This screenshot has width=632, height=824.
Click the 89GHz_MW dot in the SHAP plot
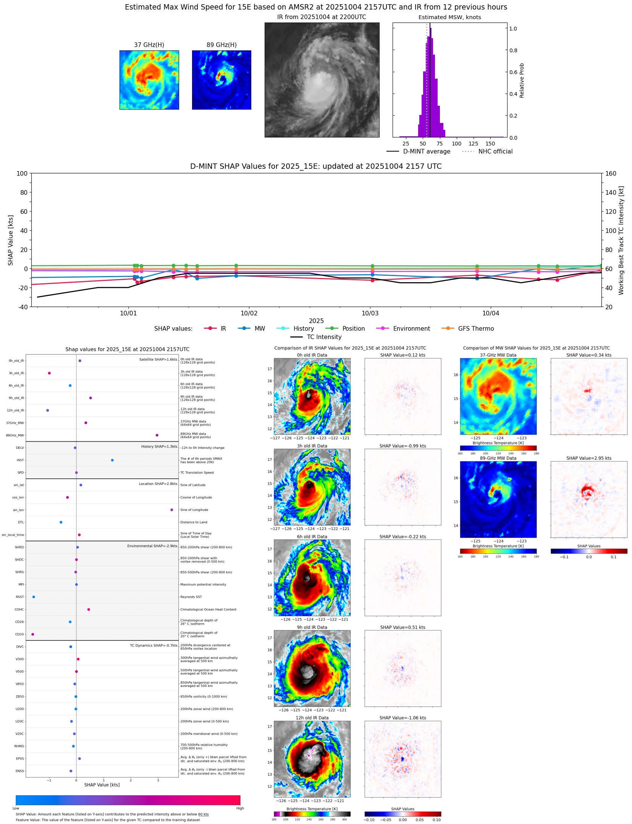pos(157,435)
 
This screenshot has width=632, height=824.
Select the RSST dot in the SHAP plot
pos(34,597)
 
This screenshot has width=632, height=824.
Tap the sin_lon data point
pos(171,510)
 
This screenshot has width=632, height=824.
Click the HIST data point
pos(112,460)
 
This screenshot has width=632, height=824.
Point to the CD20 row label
pos(19,634)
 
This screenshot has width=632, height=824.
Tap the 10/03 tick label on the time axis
pos(370,313)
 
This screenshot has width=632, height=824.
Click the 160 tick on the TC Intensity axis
pos(611,173)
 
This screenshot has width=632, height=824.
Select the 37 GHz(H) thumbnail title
pos(149,45)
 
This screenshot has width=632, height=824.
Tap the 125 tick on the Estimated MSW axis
pos(473,144)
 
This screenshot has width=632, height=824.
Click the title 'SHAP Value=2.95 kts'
pos(588,458)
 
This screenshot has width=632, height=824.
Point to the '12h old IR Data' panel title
pos(312,718)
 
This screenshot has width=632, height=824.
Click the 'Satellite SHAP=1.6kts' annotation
pos(158,359)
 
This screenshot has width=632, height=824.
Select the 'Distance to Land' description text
pos(194,522)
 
